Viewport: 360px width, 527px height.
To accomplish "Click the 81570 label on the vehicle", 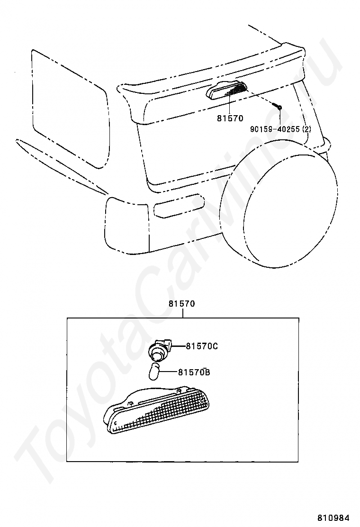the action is (x=230, y=118).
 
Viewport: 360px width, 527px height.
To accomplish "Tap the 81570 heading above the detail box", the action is (x=181, y=304).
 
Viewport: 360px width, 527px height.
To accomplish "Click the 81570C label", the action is (x=201, y=346).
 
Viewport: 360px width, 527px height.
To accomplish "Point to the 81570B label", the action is (x=194, y=373).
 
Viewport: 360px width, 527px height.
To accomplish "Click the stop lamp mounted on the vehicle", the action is (x=227, y=90).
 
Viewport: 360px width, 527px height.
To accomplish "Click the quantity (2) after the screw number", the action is (x=306, y=128).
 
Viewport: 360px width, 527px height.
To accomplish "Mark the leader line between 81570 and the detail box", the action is (x=182, y=313).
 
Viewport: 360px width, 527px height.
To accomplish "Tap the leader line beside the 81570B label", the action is (x=170, y=373).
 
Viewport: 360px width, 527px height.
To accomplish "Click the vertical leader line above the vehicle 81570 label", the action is (x=230, y=104).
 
